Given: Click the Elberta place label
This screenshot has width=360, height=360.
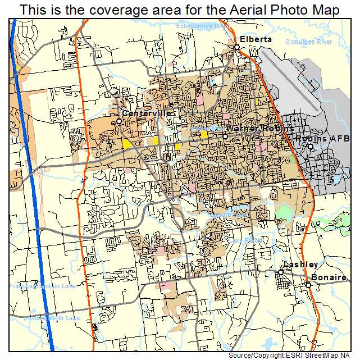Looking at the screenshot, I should (x=256, y=39).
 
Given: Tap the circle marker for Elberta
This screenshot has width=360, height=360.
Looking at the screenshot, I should (x=237, y=47).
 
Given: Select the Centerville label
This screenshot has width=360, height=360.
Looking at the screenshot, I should (x=147, y=113).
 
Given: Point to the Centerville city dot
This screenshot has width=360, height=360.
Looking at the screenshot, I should (x=119, y=121).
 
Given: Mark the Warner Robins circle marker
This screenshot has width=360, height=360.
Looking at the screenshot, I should (x=225, y=136).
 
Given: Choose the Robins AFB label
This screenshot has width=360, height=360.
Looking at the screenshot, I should (x=323, y=138).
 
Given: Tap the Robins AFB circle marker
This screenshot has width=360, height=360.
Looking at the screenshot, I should (x=310, y=147).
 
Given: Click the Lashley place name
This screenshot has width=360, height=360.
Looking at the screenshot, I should (x=301, y=265).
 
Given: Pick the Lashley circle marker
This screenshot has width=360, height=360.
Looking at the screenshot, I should (x=281, y=272).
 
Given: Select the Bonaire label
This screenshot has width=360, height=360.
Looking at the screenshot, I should (x=329, y=278).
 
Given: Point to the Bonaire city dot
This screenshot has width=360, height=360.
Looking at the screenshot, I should (x=308, y=285).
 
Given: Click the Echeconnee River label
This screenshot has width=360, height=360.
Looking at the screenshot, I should (x=203, y=26).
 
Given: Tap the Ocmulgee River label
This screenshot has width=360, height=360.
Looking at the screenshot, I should (x=308, y=42).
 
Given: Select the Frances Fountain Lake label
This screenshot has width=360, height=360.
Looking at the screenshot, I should (x=42, y=286).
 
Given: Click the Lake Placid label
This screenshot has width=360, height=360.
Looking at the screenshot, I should (x=245, y=241).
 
